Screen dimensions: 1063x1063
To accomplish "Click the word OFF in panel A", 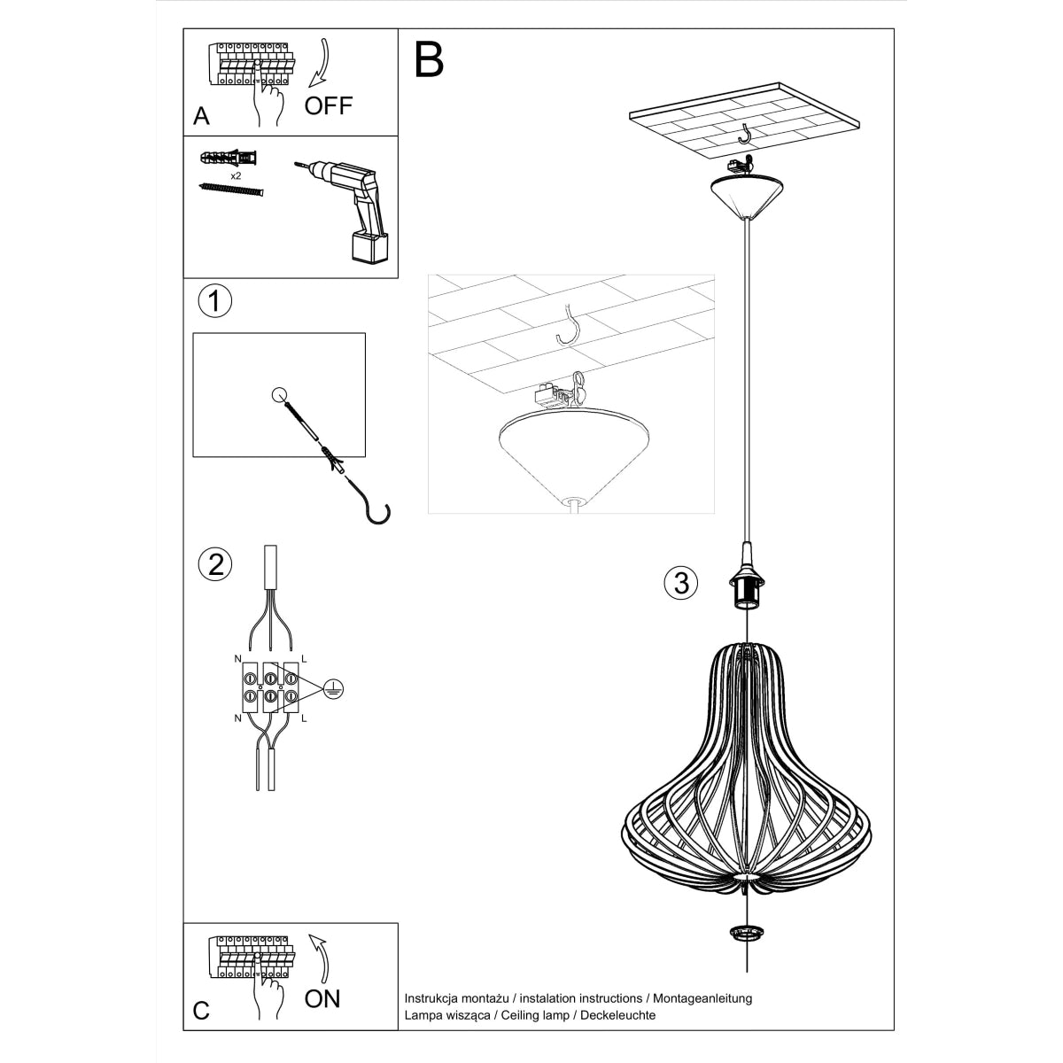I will point(328,106).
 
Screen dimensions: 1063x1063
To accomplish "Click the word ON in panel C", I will point(322,999).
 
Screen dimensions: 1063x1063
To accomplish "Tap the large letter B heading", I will point(430,59).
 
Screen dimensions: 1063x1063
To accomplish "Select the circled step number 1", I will point(213,301).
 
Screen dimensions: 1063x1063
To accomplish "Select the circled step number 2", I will point(215,564).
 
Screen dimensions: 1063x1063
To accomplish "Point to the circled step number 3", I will point(680,582).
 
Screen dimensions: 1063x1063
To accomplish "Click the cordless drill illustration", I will point(350,208).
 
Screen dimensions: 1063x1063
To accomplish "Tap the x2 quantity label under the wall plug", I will point(236,176).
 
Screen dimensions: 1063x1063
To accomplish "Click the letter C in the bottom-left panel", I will point(202,1011).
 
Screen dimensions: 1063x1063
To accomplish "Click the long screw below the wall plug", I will point(233,190).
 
